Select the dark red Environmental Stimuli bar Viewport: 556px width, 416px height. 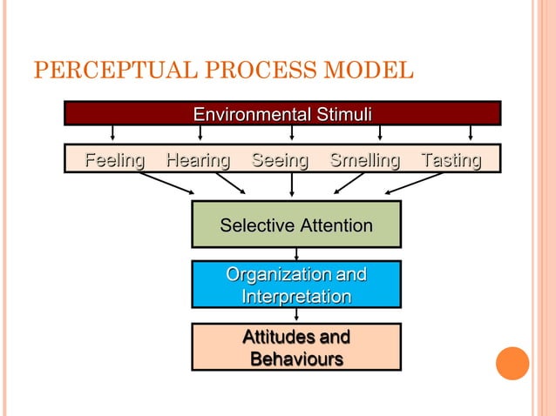(x=282, y=114)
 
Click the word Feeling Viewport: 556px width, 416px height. (x=114, y=160)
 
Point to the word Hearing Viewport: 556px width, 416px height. (x=198, y=160)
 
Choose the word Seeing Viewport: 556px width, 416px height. (x=280, y=160)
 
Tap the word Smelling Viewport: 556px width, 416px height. (x=364, y=160)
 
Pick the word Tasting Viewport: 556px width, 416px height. (x=451, y=160)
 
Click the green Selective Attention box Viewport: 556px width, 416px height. (x=295, y=225)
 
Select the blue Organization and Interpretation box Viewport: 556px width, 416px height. (x=295, y=285)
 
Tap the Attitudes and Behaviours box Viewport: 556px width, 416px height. (x=295, y=347)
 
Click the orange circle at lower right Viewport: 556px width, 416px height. (x=512, y=363)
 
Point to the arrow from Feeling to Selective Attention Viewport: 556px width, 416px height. (x=167, y=183)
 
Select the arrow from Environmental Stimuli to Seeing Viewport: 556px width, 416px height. (x=291, y=133)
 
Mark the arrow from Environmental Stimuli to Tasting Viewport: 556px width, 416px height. (x=471, y=133)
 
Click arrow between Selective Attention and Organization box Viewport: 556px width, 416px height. (x=296, y=254)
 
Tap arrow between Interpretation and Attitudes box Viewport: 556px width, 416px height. (x=296, y=316)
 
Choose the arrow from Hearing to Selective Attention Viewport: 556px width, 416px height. (x=231, y=183)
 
